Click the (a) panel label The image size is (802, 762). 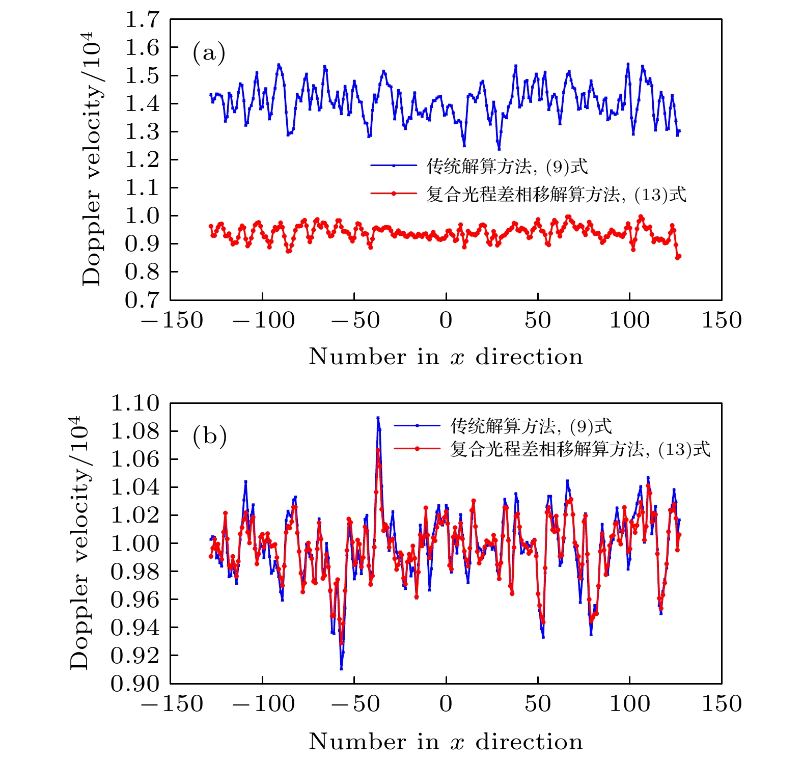209,53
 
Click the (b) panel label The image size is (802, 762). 209,437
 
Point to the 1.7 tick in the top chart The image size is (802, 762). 143,20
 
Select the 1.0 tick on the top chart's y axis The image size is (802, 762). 143,216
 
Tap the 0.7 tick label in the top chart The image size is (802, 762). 143,300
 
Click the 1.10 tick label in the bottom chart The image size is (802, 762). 135,403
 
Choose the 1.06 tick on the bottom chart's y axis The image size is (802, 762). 135,459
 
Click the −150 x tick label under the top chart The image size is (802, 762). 172,321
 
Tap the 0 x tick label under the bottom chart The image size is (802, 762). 446,704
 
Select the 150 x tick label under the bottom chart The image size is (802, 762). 722,704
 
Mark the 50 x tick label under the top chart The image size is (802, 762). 538,321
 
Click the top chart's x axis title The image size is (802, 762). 446,357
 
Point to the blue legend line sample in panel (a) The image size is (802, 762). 394,165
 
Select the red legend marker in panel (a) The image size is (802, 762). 394,194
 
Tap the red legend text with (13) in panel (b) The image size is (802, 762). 579,449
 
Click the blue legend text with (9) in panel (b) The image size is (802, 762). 531,426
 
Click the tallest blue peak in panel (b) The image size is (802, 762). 378,418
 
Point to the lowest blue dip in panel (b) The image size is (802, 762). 341,668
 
